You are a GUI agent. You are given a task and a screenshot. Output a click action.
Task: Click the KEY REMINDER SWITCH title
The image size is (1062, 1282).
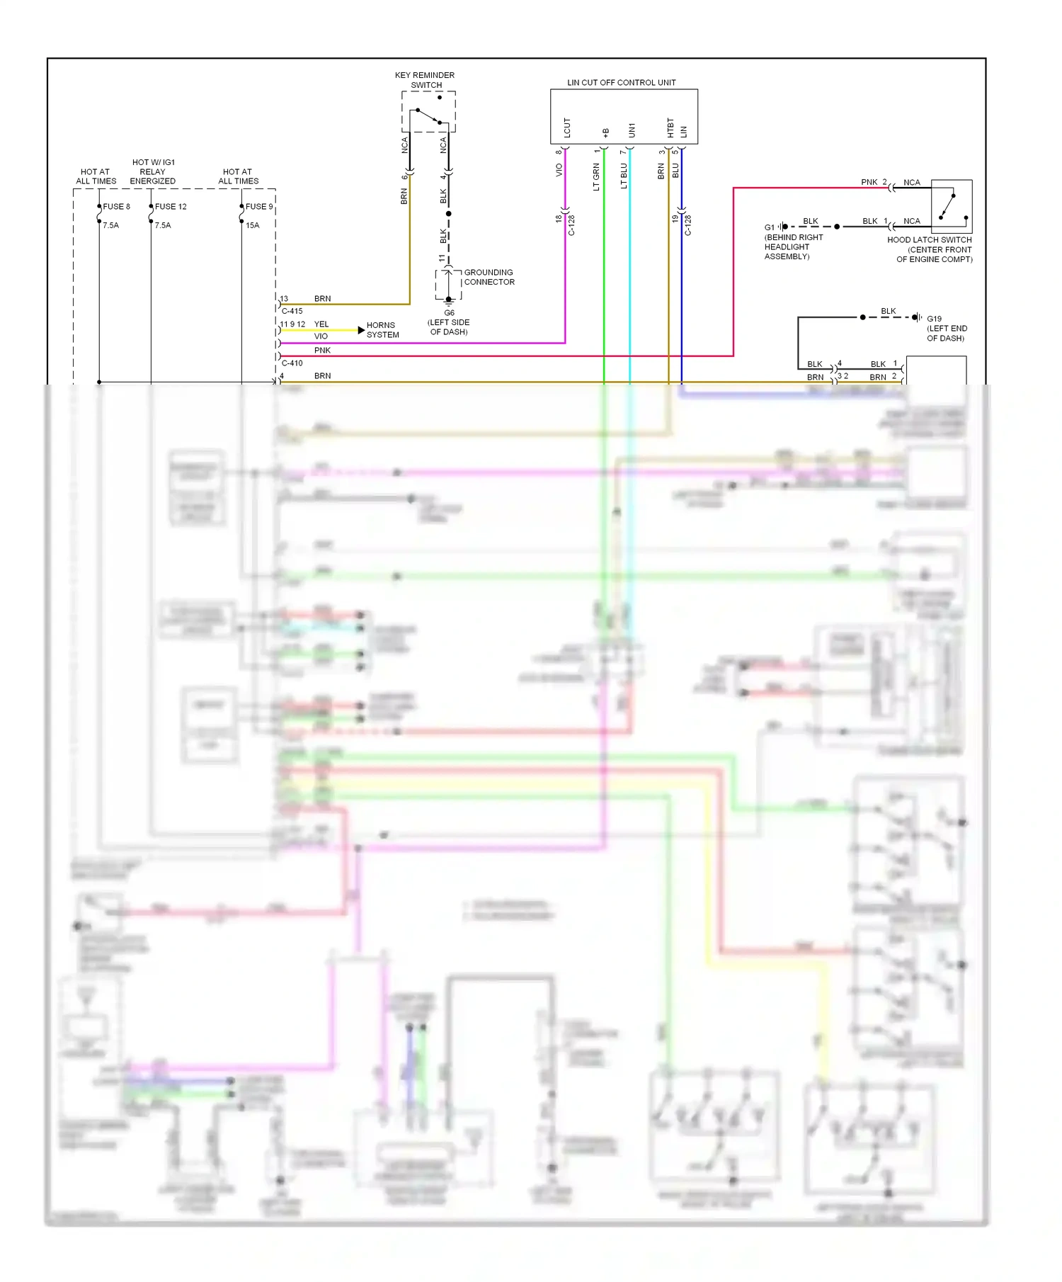pos(425,80)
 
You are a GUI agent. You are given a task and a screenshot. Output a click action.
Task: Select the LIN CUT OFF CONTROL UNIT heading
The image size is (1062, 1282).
pos(621,82)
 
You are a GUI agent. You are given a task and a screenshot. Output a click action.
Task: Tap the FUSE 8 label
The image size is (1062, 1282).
pos(117,207)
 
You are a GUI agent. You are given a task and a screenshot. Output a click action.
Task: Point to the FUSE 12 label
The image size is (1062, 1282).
pos(171,207)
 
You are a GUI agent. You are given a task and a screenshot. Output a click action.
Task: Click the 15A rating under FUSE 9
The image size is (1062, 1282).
pos(252,225)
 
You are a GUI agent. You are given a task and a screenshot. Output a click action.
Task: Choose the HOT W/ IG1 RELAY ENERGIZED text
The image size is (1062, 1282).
pos(153,171)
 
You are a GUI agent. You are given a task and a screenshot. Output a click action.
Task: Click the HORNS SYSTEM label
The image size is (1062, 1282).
pos(382,330)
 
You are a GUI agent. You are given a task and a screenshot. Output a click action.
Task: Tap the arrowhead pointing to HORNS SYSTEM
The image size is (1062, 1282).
pos(361,330)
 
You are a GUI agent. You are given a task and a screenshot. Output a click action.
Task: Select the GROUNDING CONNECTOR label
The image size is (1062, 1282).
pos(489,277)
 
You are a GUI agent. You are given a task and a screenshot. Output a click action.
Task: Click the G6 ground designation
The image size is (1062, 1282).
pos(449,312)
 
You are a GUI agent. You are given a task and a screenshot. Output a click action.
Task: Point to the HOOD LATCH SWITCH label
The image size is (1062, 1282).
pos(929,240)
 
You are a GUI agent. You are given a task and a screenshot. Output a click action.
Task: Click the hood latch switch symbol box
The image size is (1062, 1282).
pos(951,206)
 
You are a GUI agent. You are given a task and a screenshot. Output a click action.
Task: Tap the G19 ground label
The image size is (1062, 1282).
pos(934,319)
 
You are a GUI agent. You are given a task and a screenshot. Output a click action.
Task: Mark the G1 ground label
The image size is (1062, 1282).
pos(769,227)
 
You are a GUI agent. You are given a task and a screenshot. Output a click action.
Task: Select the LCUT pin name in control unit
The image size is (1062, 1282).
pos(567,127)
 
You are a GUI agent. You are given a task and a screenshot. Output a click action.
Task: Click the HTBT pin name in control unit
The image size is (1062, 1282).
pos(670,127)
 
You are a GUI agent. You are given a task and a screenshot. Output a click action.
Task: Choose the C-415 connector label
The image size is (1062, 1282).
pos(292,311)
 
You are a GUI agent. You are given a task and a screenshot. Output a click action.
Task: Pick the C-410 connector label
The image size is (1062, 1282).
pos(292,363)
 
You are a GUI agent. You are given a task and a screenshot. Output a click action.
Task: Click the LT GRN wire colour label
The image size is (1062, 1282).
pos(596,176)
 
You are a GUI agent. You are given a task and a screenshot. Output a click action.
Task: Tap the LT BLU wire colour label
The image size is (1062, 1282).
pos(624,176)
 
